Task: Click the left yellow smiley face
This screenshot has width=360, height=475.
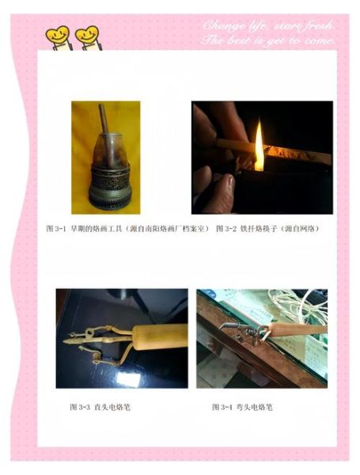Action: [58, 36]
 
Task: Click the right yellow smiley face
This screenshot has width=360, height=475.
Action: [86, 36]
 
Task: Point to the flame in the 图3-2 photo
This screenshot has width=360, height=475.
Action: [259, 154]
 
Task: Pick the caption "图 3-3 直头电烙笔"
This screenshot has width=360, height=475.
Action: [99, 407]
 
